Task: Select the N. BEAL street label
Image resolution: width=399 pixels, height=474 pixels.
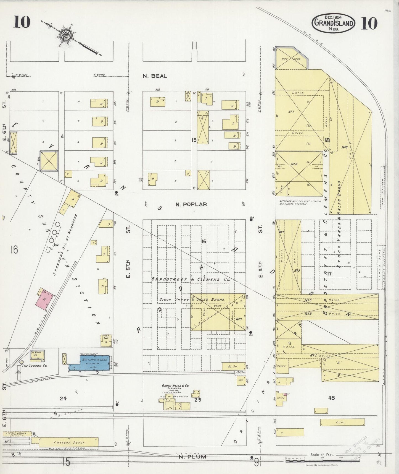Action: tap(155, 76)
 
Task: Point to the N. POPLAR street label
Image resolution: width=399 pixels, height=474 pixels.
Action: tap(191, 204)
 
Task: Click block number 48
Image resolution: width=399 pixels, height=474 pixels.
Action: tap(331, 398)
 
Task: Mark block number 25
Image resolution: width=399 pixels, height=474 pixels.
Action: tap(198, 399)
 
